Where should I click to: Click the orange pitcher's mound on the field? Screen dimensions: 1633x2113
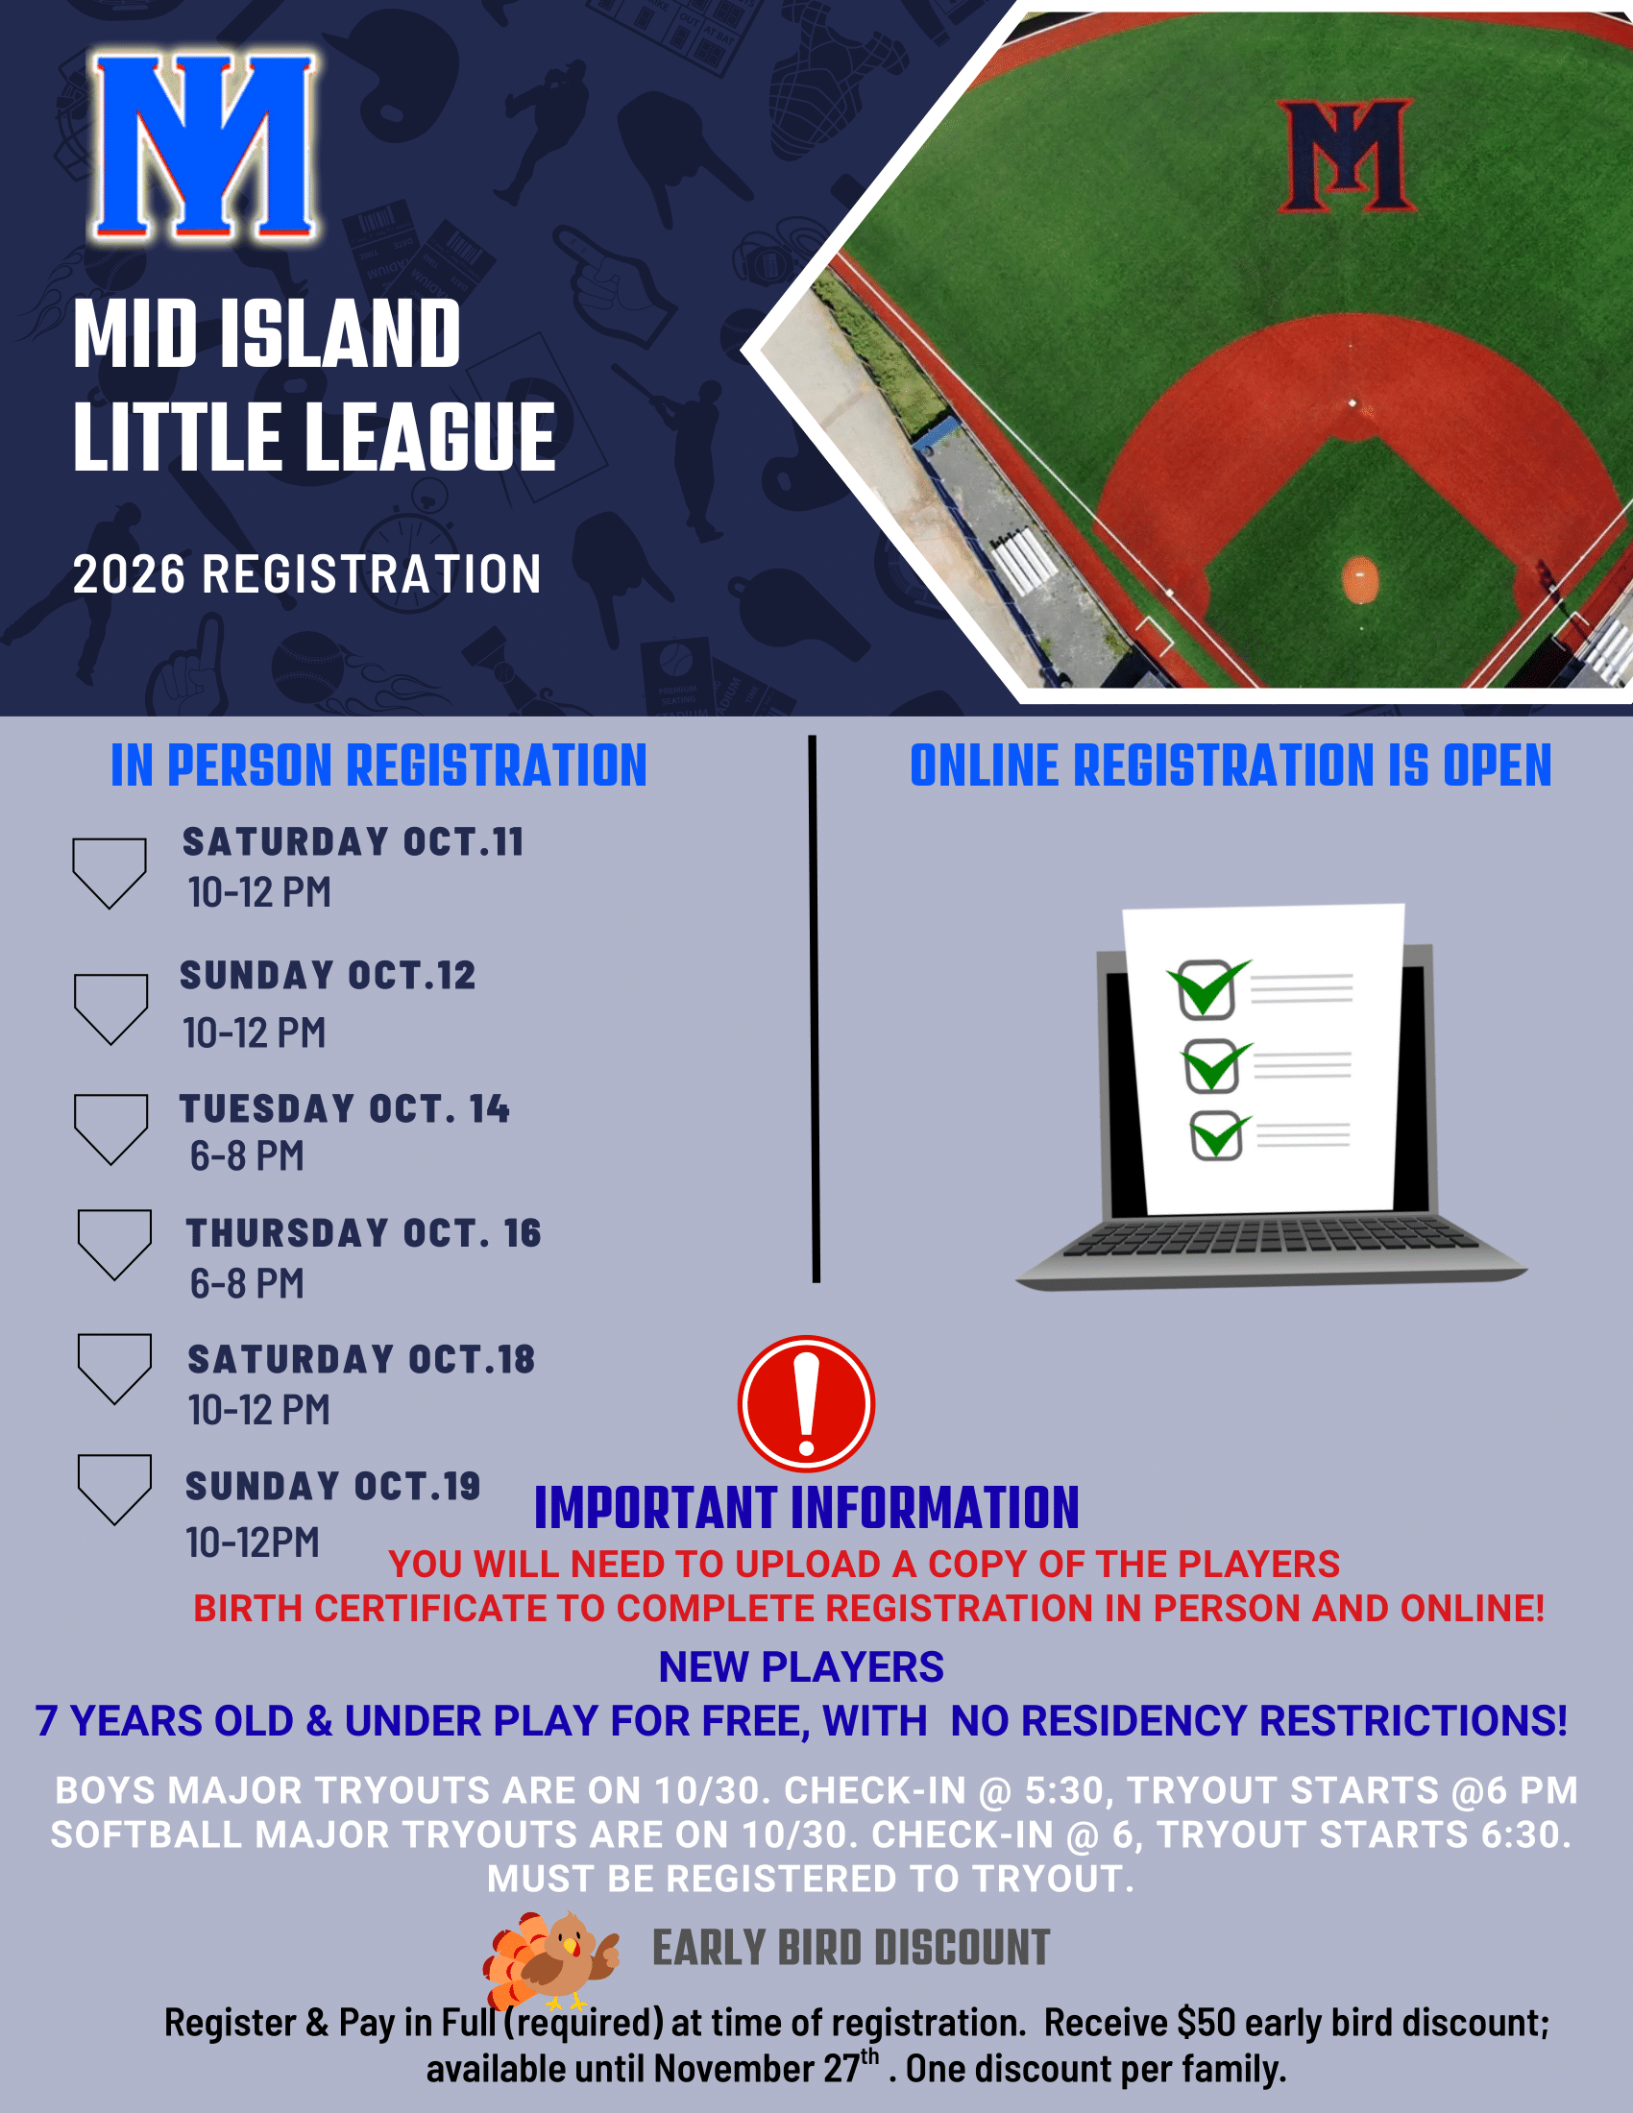[1360, 579]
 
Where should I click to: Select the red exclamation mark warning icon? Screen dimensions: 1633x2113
[806, 1404]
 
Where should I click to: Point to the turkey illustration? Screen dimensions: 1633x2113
[549, 1960]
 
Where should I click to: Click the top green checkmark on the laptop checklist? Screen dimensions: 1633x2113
[1208, 987]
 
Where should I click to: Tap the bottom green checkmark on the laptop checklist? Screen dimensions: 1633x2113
[1220, 1136]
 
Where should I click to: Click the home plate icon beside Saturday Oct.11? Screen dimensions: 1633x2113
[110, 873]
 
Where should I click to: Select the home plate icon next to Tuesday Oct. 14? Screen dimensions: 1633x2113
[111, 1129]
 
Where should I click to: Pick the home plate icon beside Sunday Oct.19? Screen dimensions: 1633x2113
[114, 1489]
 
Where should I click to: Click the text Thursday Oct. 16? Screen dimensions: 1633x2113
[364, 1232]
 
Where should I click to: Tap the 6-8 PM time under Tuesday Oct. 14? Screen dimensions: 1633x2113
[247, 1155]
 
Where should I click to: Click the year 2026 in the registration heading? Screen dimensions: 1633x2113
[129, 573]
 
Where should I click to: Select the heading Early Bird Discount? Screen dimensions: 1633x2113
[851, 1948]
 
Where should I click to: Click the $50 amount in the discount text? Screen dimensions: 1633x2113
[1206, 2022]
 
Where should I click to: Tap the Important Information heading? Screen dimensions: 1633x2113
[807, 1507]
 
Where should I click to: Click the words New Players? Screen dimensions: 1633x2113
[801, 1666]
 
